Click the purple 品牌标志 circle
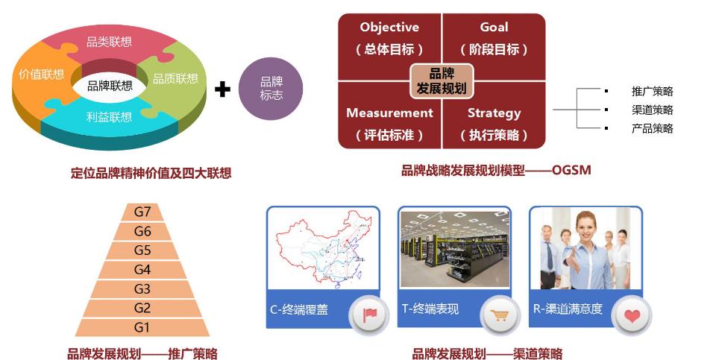[x=271, y=89]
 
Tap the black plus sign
[x=222, y=89]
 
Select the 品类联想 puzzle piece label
[x=109, y=42]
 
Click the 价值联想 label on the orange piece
[x=42, y=75]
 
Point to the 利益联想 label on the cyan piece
[x=109, y=117]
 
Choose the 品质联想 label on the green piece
[x=175, y=78]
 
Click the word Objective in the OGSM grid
[x=389, y=28]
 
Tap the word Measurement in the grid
[x=389, y=113]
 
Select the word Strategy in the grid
[x=494, y=113]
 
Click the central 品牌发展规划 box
[x=442, y=80]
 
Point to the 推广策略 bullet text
[x=652, y=91]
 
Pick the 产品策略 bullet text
[x=652, y=129]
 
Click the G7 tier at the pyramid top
[x=142, y=212]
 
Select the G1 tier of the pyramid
[x=142, y=328]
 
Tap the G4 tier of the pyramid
[x=142, y=270]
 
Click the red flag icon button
[x=369, y=315]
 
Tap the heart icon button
[x=632, y=315]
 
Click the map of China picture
[x=322, y=249]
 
